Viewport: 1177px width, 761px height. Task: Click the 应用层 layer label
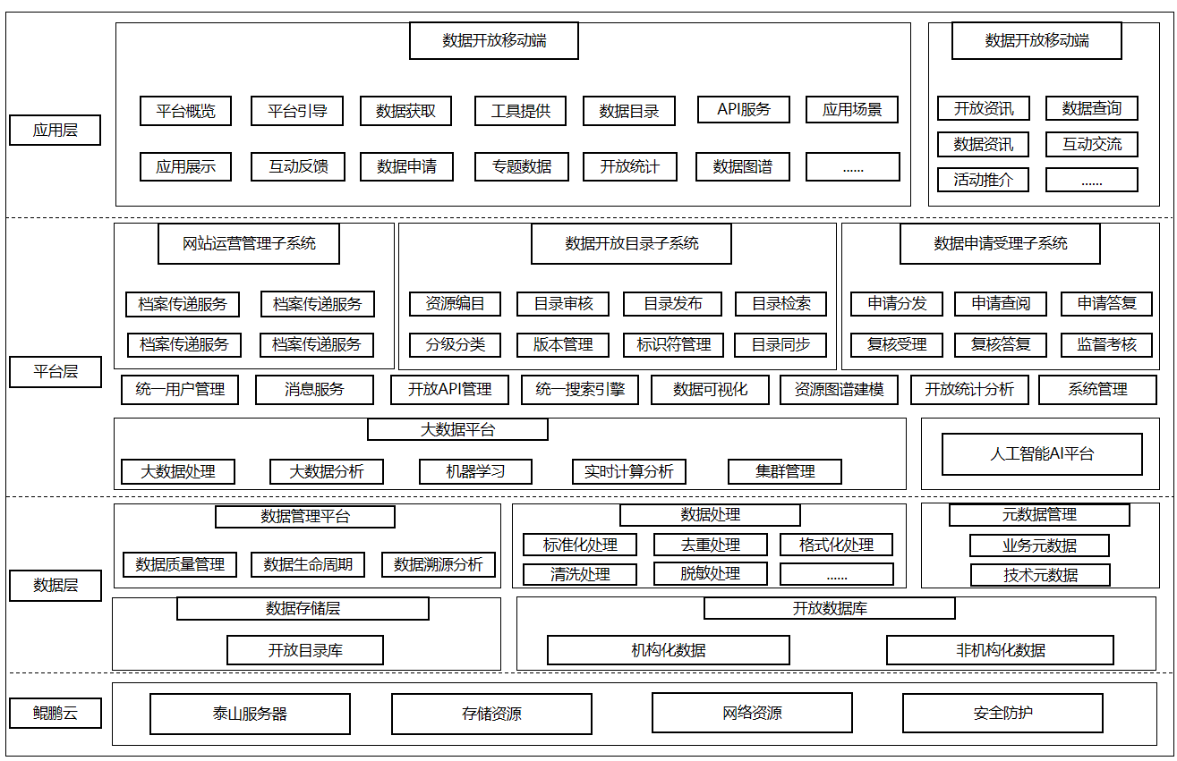55,130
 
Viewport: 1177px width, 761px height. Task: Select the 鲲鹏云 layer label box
55,713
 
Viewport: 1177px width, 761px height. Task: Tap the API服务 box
744,109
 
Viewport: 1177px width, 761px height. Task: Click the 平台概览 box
185,111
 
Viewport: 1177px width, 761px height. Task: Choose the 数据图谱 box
743,166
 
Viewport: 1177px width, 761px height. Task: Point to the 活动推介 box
983,180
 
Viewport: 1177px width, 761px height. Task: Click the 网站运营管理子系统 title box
249,243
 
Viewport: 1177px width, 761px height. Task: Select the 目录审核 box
563,303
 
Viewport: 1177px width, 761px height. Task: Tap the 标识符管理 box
673,345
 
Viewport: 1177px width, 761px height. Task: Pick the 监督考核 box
1106,345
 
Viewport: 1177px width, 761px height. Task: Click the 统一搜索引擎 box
580,389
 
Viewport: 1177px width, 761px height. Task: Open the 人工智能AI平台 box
1042,454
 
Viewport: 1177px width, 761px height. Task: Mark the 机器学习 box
475,471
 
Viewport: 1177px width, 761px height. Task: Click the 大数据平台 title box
457,430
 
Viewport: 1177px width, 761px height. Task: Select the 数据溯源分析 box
439,565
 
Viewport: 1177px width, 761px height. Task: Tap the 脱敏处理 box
711,573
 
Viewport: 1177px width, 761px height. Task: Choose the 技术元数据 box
1040,575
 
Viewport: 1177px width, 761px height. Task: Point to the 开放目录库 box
305,650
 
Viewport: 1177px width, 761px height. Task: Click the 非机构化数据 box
1001,650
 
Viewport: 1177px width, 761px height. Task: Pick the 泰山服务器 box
250,714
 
